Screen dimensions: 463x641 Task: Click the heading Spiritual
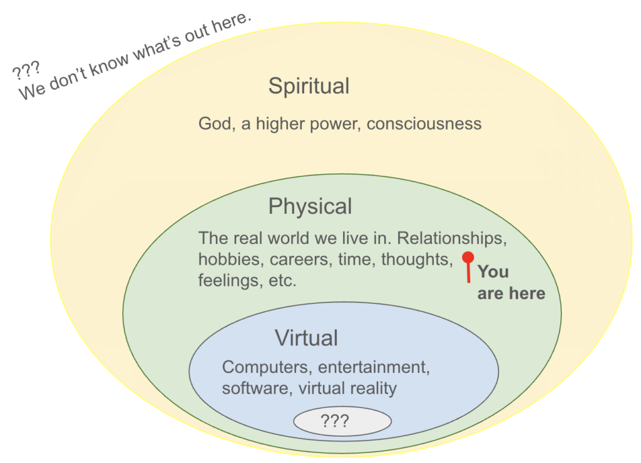pos(309,86)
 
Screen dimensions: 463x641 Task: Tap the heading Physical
pos(310,206)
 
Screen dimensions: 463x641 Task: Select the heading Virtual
pos(306,338)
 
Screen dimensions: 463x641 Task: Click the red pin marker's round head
pos(467,257)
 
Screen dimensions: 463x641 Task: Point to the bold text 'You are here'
pos(510,282)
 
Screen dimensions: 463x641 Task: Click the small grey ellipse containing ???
pos(342,421)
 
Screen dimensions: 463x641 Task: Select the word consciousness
pos(424,123)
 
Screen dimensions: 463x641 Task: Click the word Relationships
pos(451,238)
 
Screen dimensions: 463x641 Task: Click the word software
pos(254,388)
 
